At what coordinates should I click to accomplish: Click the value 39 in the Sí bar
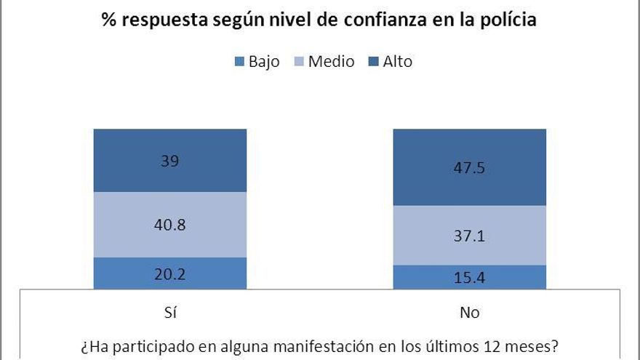click(170, 161)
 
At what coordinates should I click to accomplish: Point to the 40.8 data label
click(170, 225)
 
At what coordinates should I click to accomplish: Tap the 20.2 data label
click(170, 275)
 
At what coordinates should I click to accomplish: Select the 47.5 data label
click(469, 167)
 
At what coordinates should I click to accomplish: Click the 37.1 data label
click(469, 236)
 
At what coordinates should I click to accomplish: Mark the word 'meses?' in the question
click(535, 345)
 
